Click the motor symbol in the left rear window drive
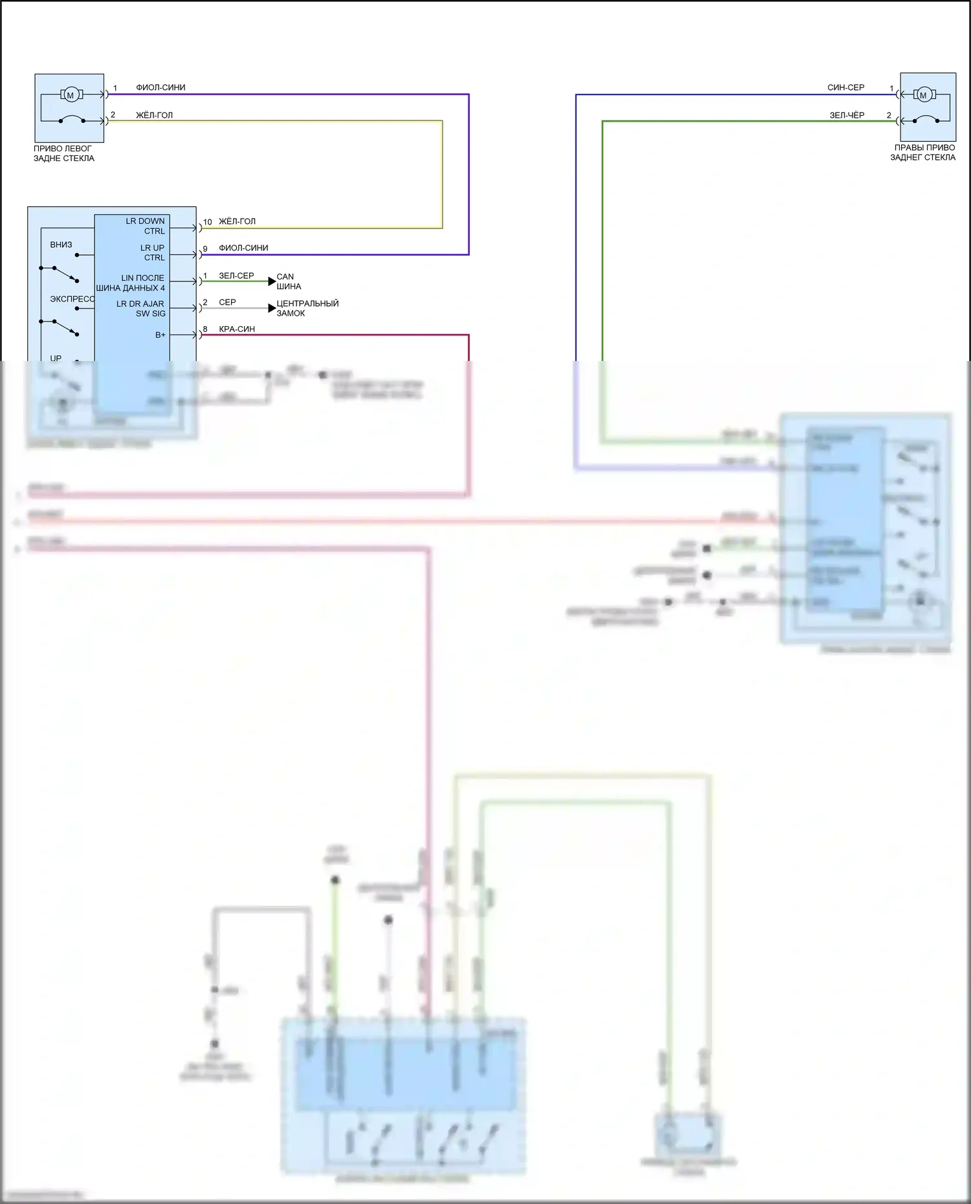(71, 95)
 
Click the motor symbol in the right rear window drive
(923, 95)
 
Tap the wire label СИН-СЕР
(845, 87)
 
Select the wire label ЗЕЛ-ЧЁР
(847, 115)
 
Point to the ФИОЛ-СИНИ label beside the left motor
(161, 87)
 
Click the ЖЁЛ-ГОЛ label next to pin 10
(237, 221)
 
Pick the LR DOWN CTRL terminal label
(146, 226)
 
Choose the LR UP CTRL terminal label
(153, 252)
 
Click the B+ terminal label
(160, 335)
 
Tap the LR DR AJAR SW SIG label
(141, 309)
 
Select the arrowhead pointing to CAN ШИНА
(272, 281)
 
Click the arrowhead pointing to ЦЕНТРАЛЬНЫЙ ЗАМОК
(272, 308)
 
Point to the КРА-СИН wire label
(237, 329)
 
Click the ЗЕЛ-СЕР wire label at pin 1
(236, 276)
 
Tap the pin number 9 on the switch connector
(205, 248)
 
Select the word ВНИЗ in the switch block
(61, 245)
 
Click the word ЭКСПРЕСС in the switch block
(72, 299)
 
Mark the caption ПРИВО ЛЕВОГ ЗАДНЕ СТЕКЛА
(63, 153)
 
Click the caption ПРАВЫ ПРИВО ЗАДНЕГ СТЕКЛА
(922, 152)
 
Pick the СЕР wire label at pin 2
(227, 302)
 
